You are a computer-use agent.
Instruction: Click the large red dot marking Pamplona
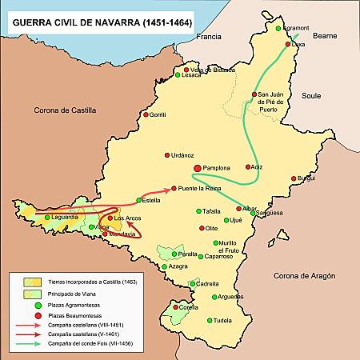click(x=198, y=167)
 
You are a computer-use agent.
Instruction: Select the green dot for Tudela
click(x=210, y=320)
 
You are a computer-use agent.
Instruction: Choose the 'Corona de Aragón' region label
click(x=307, y=276)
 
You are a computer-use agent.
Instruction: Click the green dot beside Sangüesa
click(x=254, y=213)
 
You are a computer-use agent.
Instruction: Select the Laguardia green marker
click(x=47, y=217)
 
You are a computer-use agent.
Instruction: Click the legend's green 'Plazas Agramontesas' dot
click(x=27, y=305)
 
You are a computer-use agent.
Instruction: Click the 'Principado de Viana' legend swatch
click(x=27, y=293)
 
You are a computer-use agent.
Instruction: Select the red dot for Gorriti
click(x=146, y=115)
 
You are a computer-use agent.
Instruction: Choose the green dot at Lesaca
click(x=177, y=75)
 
